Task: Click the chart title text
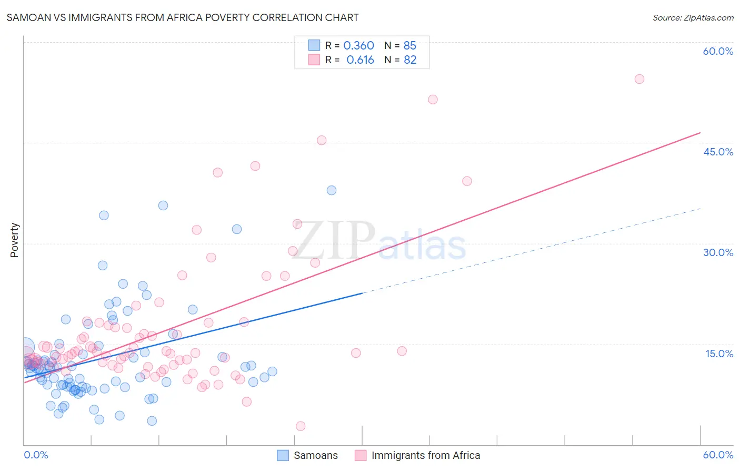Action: (x=183, y=17)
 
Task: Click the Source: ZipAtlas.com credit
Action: (x=693, y=17)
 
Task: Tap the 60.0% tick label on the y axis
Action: (x=718, y=51)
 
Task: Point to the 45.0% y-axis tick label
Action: (x=718, y=152)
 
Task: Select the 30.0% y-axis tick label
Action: (x=718, y=252)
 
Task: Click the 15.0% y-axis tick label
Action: (x=719, y=354)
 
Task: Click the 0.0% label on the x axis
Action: (x=36, y=455)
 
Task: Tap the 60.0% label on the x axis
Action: (x=718, y=455)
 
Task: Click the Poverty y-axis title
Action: (x=14, y=240)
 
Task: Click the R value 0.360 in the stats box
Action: (x=358, y=46)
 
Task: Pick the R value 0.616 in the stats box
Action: (x=360, y=60)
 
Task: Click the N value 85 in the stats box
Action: (x=409, y=46)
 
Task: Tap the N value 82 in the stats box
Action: (x=409, y=60)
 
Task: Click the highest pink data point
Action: (x=639, y=79)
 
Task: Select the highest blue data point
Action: (x=332, y=190)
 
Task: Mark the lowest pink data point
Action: (x=301, y=426)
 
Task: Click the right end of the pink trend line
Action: (x=700, y=133)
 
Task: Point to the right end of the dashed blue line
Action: (x=700, y=209)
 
